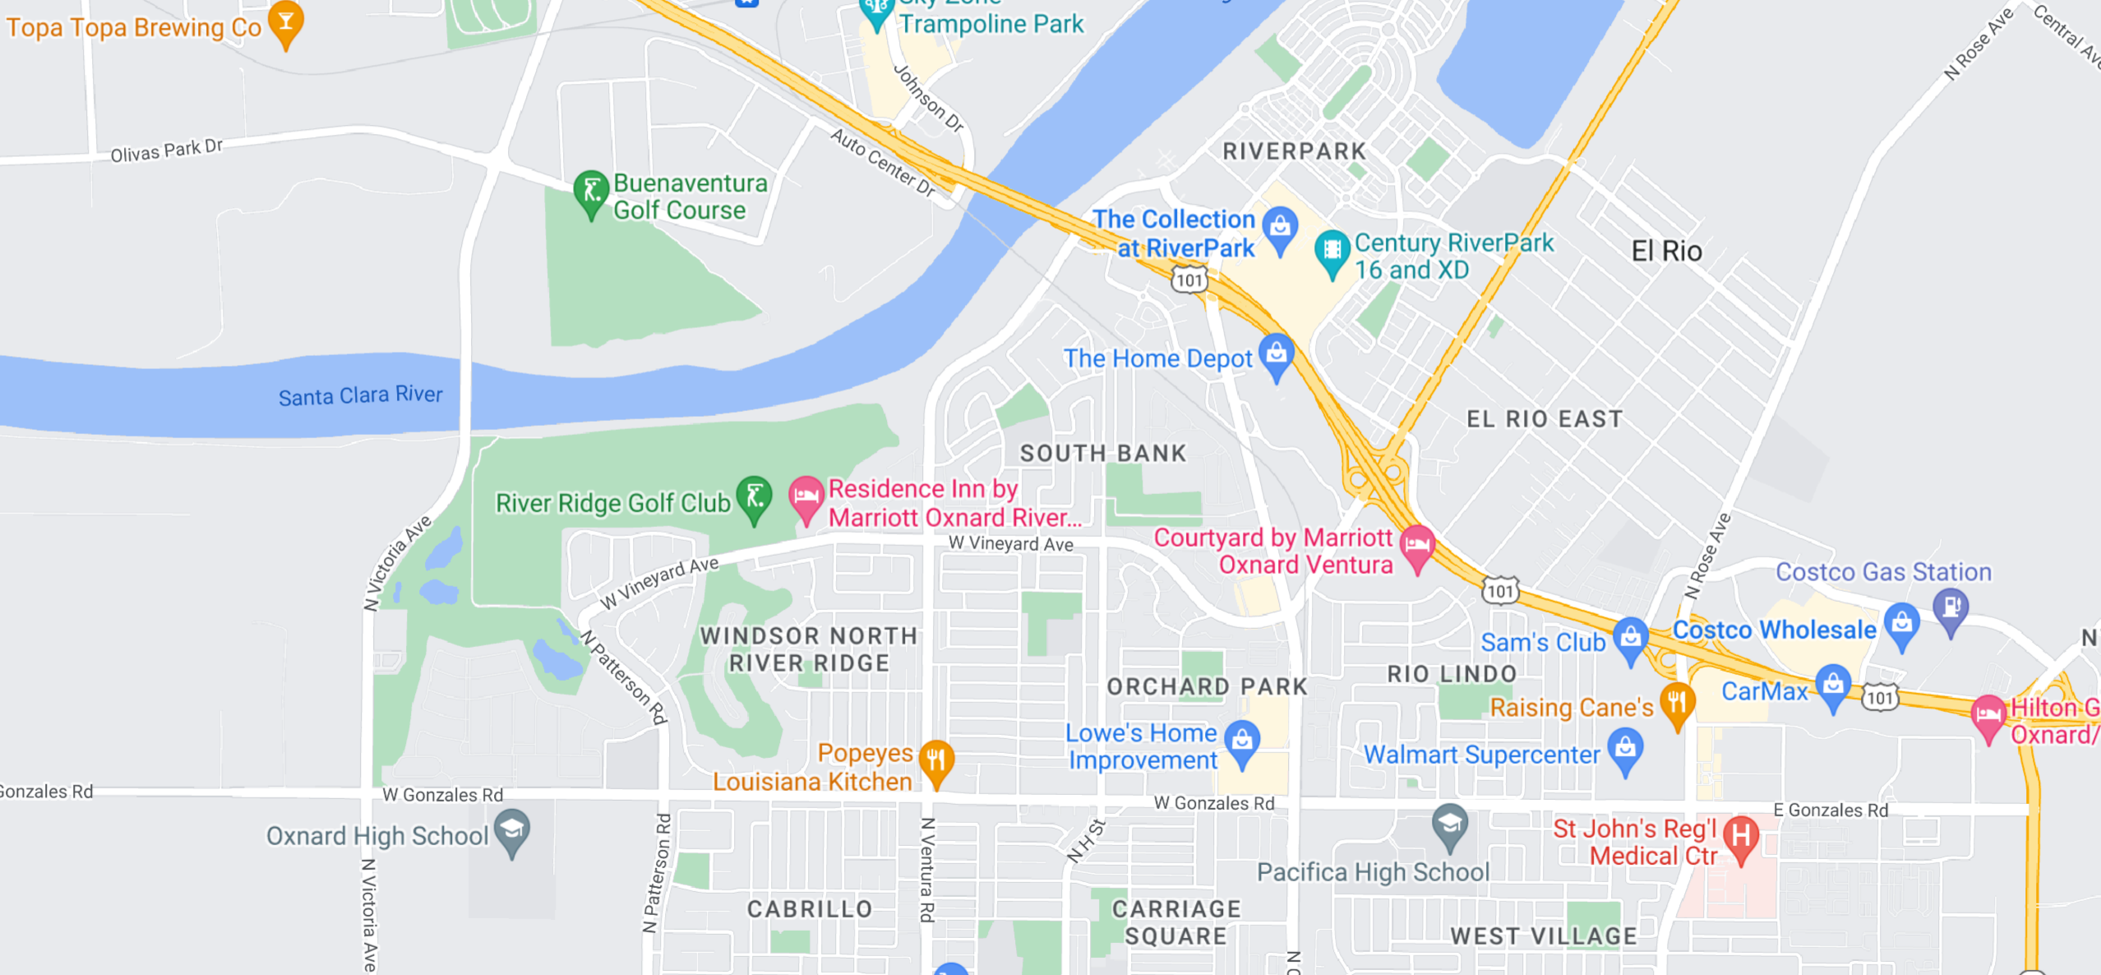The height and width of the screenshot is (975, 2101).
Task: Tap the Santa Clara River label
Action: click(x=360, y=395)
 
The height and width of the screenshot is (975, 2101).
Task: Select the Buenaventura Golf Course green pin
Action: click(x=590, y=193)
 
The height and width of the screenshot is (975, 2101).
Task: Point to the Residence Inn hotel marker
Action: click(x=806, y=498)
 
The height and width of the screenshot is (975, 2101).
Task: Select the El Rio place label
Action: click(x=1666, y=251)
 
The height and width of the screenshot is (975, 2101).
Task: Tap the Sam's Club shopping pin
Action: click(x=1630, y=639)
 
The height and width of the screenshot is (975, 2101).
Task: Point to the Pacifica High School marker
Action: click(x=1449, y=825)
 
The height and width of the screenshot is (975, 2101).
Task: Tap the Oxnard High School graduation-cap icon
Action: click(x=512, y=830)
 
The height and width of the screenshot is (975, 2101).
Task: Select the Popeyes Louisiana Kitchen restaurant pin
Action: click(x=935, y=761)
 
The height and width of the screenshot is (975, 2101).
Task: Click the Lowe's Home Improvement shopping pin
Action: click(x=1242, y=741)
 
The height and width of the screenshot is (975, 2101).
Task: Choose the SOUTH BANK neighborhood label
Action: click(x=1103, y=453)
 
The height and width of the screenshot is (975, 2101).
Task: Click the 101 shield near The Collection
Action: click(x=1189, y=280)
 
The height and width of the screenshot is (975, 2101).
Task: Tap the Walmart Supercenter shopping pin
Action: click(x=1625, y=749)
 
